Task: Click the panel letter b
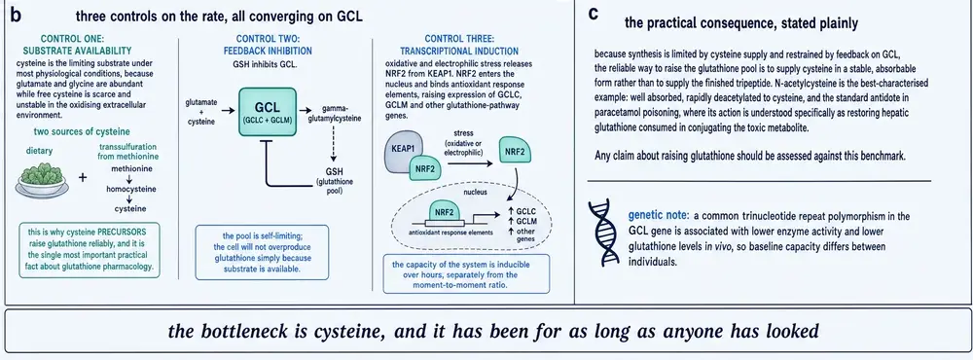click(x=16, y=17)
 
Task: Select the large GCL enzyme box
click(x=268, y=112)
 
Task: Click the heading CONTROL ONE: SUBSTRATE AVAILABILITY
click(x=78, y=44)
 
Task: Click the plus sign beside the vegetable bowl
click(x=83, y=178)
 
